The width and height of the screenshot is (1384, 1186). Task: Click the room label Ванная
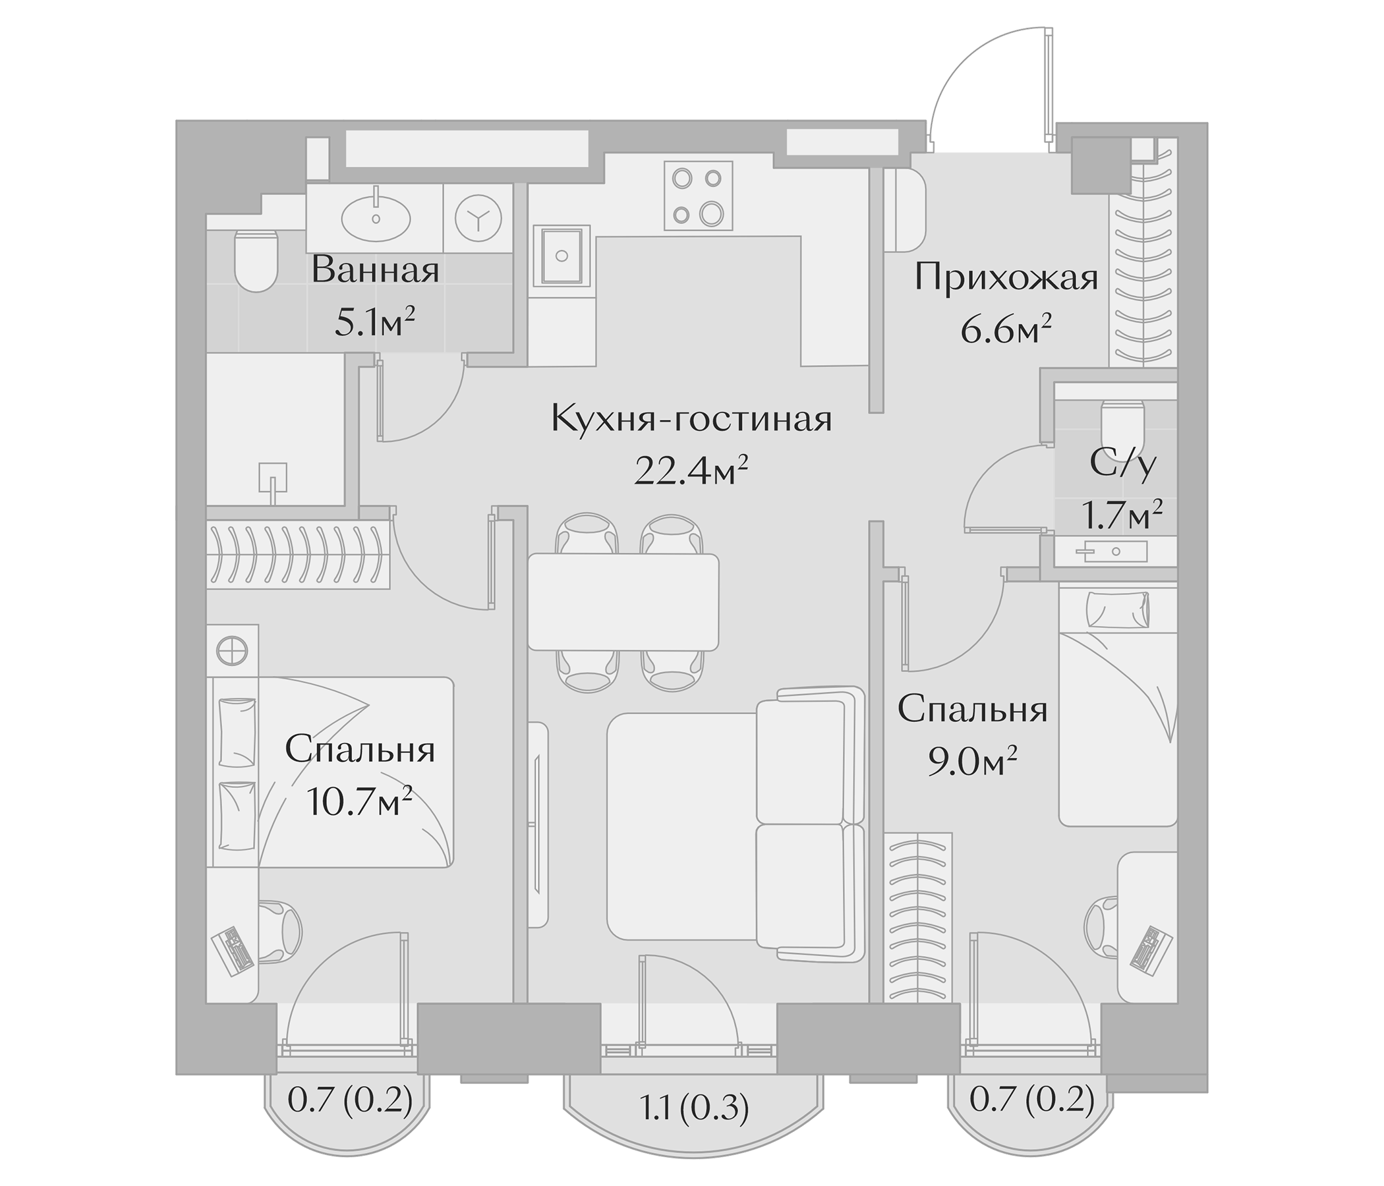(376, 271)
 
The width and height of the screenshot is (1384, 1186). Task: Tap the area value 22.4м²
(690, 472)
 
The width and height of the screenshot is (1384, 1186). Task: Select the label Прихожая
(1006, 278)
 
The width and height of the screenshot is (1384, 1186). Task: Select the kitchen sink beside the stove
(562, 255)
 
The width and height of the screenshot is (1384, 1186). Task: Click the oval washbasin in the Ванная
(376, 217)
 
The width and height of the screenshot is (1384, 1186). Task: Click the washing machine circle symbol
(478, 217)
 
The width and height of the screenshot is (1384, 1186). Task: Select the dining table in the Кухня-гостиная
(623, 602)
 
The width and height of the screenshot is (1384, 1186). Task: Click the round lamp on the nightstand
(233, 648)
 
